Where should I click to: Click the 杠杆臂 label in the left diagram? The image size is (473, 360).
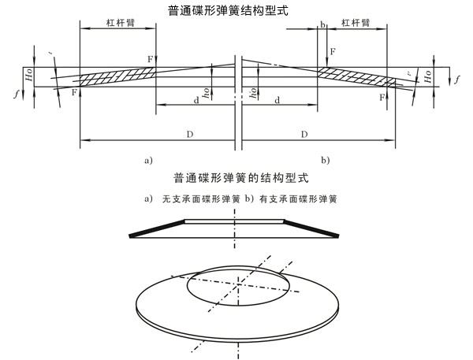[117, 25]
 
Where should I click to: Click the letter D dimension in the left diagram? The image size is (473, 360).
[190, 135]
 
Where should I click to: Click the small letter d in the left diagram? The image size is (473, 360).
[196, 100]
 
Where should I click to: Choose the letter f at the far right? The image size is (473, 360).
[457, 79]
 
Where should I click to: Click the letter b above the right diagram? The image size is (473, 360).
[322, 25]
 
